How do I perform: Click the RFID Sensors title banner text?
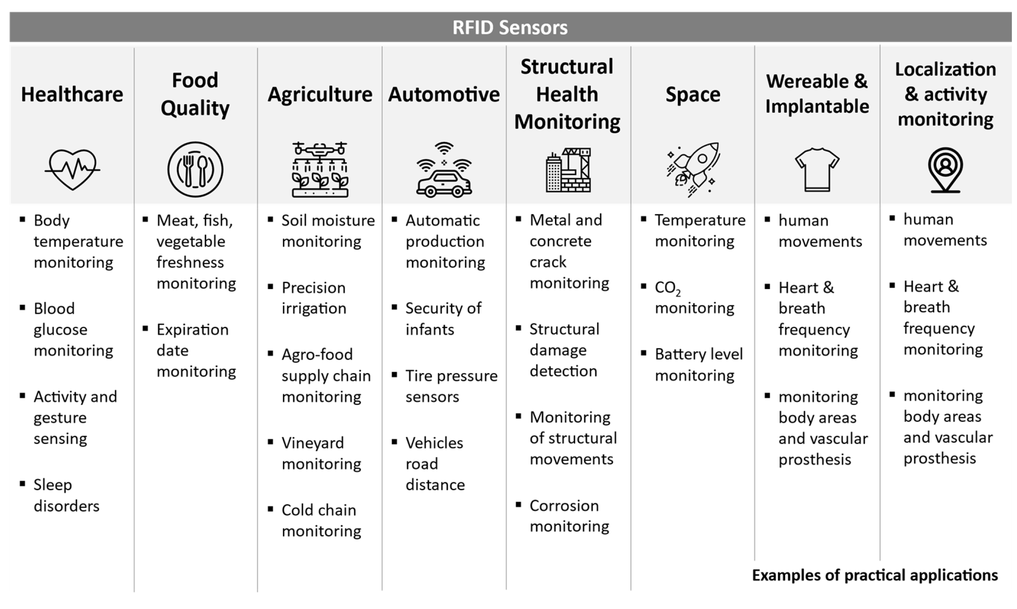click(x=510, y=27)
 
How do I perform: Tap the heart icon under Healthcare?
click(x=72, y=169)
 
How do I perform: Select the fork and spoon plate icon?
click(x=195, y=169)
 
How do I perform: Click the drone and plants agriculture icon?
click(x=320, y=170)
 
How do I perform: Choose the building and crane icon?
click(x=568, y=170)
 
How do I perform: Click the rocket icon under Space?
click(x=693, y=169)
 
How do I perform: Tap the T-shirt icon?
click(x=817, y=170)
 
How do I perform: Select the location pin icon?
click(x=945, y=170)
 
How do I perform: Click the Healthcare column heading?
click(x=72, y=94)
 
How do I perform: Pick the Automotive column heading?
click(x=444, y=94)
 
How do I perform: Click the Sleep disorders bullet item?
click(x=66, y=495)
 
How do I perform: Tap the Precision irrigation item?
click(x=314, y=298)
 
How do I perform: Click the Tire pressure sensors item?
click(x=451, y=386)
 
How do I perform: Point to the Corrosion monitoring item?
click(x=569, y=516)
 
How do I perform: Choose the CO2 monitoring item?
click(x=694, y=298)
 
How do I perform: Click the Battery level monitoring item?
click(x=698, y=365)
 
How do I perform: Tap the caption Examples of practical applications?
click(x=875, y=575)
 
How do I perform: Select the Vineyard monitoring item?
click(x=321, y=453)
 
